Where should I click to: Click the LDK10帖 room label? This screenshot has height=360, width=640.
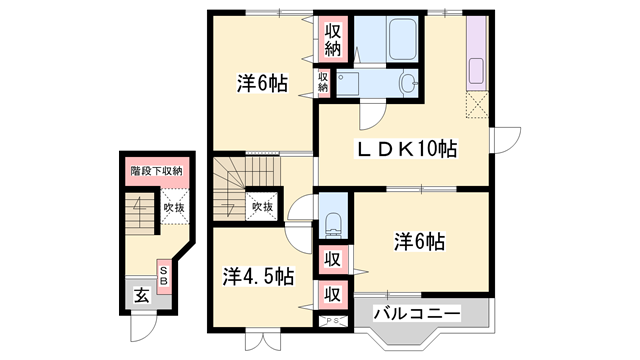pyautogui.click(x=407, y=149)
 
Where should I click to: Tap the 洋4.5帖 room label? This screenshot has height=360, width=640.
pyautogui.click(x=258, y=276)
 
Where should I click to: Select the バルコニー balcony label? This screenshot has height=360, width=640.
pyautogui.click(x=417, y=314)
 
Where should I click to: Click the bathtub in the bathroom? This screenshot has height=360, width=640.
pyautogui.click(x=402, y=39)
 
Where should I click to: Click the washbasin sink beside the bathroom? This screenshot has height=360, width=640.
pyautogui.click(x=408, y=84)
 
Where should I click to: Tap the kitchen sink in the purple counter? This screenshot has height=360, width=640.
pyautogui.click(x=476, y=71)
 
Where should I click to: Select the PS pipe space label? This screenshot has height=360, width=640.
pyautogui.click(x=333, y=321)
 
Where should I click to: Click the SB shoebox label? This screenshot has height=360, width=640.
pyautogui.click(x=164, y=276)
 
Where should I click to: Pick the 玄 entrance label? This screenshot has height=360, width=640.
pyautogui.click(x=142, y=295)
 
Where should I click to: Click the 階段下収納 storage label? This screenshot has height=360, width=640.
pyautogui.click(x=156, y=171)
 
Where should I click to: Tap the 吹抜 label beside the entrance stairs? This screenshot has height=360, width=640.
pyautogui.click(x=174, y=207)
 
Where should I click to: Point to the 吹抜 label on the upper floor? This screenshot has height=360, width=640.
pyautogui.click(x=262, y=207)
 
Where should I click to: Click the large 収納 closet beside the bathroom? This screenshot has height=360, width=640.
pyautogui.click(x=333, y=40)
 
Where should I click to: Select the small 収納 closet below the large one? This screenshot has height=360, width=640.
pyautogui.click(x=323, y=82)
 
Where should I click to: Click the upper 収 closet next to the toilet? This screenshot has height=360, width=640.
pyautogui.click(x=333, y=259)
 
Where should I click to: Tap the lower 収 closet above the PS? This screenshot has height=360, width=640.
pyautogui.click(x=333, y=294)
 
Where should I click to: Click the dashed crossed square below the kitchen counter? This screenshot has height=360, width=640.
pyautogui.click(x=477, y=105)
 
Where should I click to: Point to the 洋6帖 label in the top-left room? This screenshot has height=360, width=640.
pyautogui.click(x=262, y=83)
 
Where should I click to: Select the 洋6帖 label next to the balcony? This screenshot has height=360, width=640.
pyautogui.click(x=419, y=241)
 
